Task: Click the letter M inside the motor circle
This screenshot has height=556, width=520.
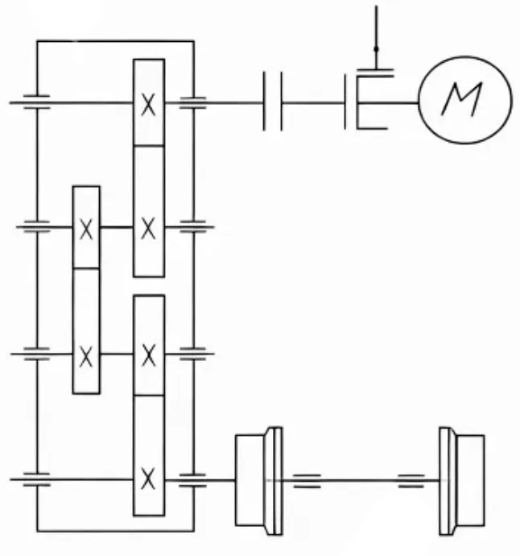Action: click(x=462, y=99)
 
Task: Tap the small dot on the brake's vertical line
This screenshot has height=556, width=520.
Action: click(x=376, y=49)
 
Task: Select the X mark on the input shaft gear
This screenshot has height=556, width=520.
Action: click(x=148, y=105)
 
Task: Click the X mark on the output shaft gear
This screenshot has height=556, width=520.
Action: click(x=148, y=479)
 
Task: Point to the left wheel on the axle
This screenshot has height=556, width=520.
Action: click(x=259, y=480)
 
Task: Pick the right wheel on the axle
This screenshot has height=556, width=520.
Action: click(x=461, y=480)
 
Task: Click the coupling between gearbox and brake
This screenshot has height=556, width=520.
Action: click(x=273, y=102)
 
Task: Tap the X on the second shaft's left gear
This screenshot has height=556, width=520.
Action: click(x=86, y=229)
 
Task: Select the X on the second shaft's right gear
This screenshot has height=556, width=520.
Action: click(x=148, y=229)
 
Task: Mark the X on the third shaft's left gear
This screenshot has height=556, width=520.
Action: click(x=86, y=356)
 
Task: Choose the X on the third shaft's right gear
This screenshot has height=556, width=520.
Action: click(x=148, y=355)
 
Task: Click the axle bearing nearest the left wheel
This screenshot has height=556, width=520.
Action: click(x=307, y=481)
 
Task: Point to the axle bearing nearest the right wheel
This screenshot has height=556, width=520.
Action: click(x=411, y=481)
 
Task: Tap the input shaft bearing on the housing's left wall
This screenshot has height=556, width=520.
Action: click(x=36, y=102)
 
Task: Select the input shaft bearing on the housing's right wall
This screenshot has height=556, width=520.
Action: click(x=193, y=103)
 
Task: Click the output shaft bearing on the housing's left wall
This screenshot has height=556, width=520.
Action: click(x=36, y=479)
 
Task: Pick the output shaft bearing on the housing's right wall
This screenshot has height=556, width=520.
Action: click(x=193, y=480)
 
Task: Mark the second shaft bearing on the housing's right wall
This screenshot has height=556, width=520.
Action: click(x=193, y=227)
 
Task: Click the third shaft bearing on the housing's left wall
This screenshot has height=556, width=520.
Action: click(x=36, y=354)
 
